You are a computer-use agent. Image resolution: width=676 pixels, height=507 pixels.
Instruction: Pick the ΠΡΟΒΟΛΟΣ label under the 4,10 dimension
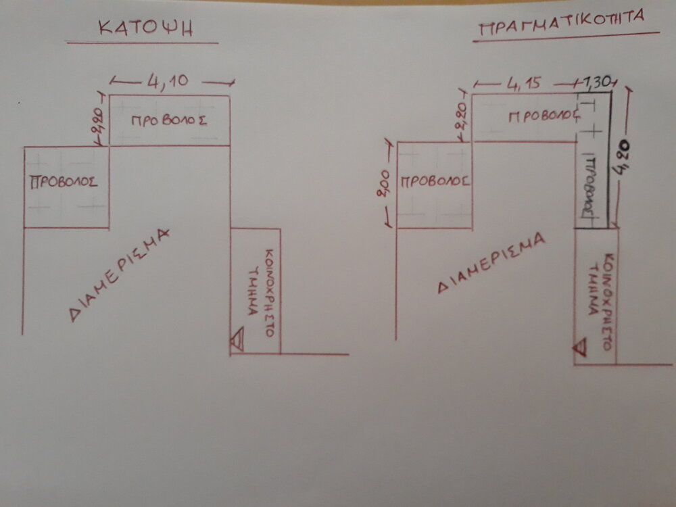(x=168, y=121)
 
